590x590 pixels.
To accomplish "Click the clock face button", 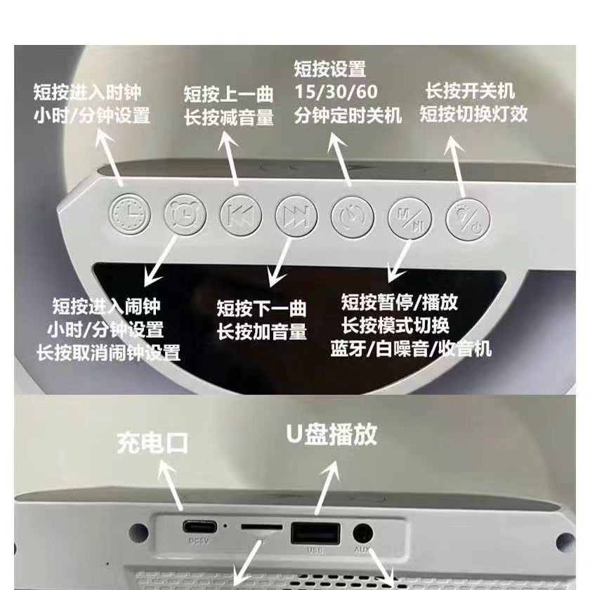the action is click(130, 214).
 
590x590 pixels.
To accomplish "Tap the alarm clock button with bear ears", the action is click(185, 215).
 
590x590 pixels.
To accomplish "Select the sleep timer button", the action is click(353, 217).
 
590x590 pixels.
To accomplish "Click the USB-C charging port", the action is click(199, 526).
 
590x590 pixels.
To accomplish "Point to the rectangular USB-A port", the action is click(315, 533).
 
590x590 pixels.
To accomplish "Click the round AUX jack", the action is click(362, 534).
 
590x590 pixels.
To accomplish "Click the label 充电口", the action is click(152, 444).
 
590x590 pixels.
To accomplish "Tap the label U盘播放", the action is click(332, 434).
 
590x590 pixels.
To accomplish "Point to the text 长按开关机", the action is click(470, 91).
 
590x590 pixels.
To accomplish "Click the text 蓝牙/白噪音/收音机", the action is click(411, 348).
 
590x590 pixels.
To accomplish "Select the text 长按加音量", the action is click(262, 332).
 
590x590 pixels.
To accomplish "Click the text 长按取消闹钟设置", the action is click(108, 353).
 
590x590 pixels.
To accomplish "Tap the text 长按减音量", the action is click(229, 117).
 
